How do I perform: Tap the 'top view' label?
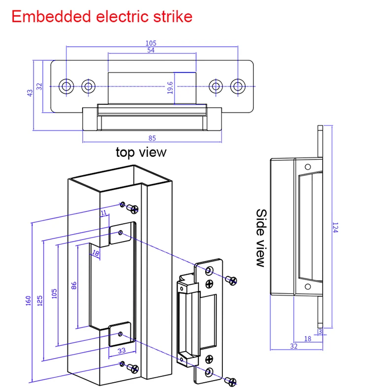pos(141,152)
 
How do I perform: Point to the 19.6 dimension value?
pos(170,88)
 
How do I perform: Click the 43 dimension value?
pos(31,91)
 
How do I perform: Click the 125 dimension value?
pos(41,300)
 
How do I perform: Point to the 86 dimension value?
pos(73,286)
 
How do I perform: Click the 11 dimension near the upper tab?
pos(103,212)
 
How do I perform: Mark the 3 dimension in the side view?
pos(320,332)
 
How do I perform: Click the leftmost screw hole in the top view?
pos(66,87)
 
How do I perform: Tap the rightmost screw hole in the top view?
pos(238,87)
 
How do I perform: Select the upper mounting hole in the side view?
pos(307,166)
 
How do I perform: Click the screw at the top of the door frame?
pos(132,209)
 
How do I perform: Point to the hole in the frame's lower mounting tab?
pos(120,334)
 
